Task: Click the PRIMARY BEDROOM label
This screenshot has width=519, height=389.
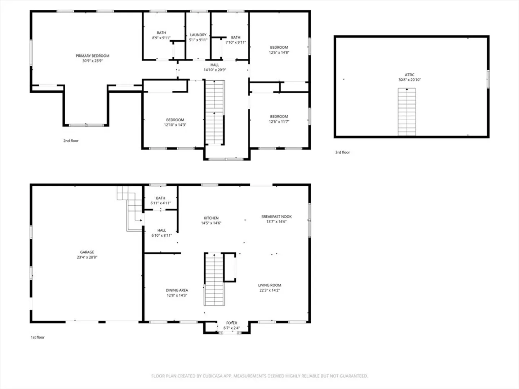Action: [x=93, y=56]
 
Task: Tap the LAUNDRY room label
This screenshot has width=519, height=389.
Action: [x=198, y=35]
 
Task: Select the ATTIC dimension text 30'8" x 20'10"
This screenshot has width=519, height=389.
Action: [x=409, y=80]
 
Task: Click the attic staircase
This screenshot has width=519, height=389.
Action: [x=407, y=112]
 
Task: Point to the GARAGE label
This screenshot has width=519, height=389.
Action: [x=87, y=252]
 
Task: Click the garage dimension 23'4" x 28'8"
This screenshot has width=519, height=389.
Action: [x=87, y=257]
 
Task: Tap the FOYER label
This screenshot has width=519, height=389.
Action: [x=231, y=323]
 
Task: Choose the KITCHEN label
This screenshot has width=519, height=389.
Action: [x=211, y=218]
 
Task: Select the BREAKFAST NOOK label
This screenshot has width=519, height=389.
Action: [x=276, y=216]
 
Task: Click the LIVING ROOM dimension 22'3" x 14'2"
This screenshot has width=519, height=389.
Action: [x=270, y=290]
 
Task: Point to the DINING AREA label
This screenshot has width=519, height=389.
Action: [x=177, y=290]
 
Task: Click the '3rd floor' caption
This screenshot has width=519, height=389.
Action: [x=342, y=152]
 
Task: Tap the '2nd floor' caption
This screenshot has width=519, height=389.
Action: [x=71, y=141]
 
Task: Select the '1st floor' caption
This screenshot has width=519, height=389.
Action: [x=37, y=337]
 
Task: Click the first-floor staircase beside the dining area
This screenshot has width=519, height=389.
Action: [x=214, y=280]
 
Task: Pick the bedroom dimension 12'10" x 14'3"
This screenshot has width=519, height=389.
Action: [x=175, y=125]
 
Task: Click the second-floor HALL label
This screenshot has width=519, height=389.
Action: [x=215, y=65]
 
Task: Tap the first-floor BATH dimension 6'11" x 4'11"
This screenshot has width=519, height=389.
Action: [x=160, y=203]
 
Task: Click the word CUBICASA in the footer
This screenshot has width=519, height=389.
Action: [x=212, y=376]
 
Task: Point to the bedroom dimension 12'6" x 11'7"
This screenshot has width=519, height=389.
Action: [x=279, y=122]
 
